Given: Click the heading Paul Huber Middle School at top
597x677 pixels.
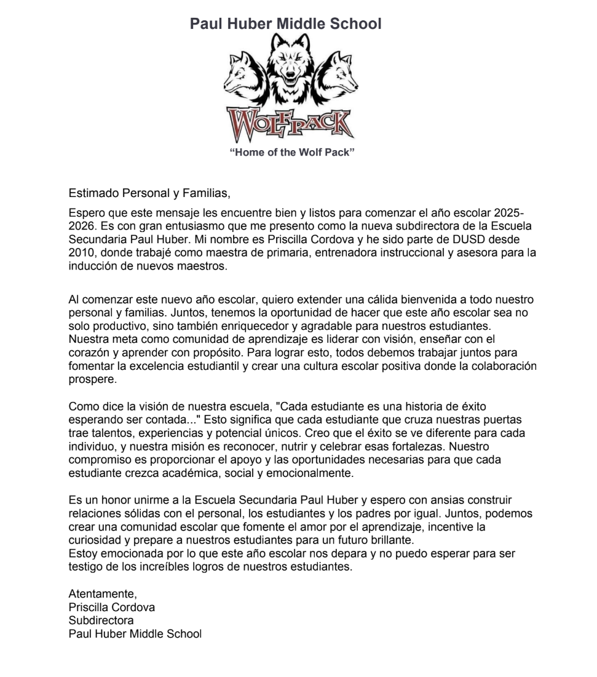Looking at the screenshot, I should (x=285, y=24).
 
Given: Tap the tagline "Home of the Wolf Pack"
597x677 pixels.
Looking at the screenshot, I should (x=292, y=152).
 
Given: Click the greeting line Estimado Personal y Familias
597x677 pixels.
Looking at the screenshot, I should (x=149, y=194).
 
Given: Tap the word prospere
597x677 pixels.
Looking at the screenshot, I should (x=92, y=380).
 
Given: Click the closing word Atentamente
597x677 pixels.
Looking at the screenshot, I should (x=103, y=594).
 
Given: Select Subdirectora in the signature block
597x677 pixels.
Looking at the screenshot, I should (x=101, y=620).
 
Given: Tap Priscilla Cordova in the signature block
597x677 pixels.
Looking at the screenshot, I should (x=111, y=607).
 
